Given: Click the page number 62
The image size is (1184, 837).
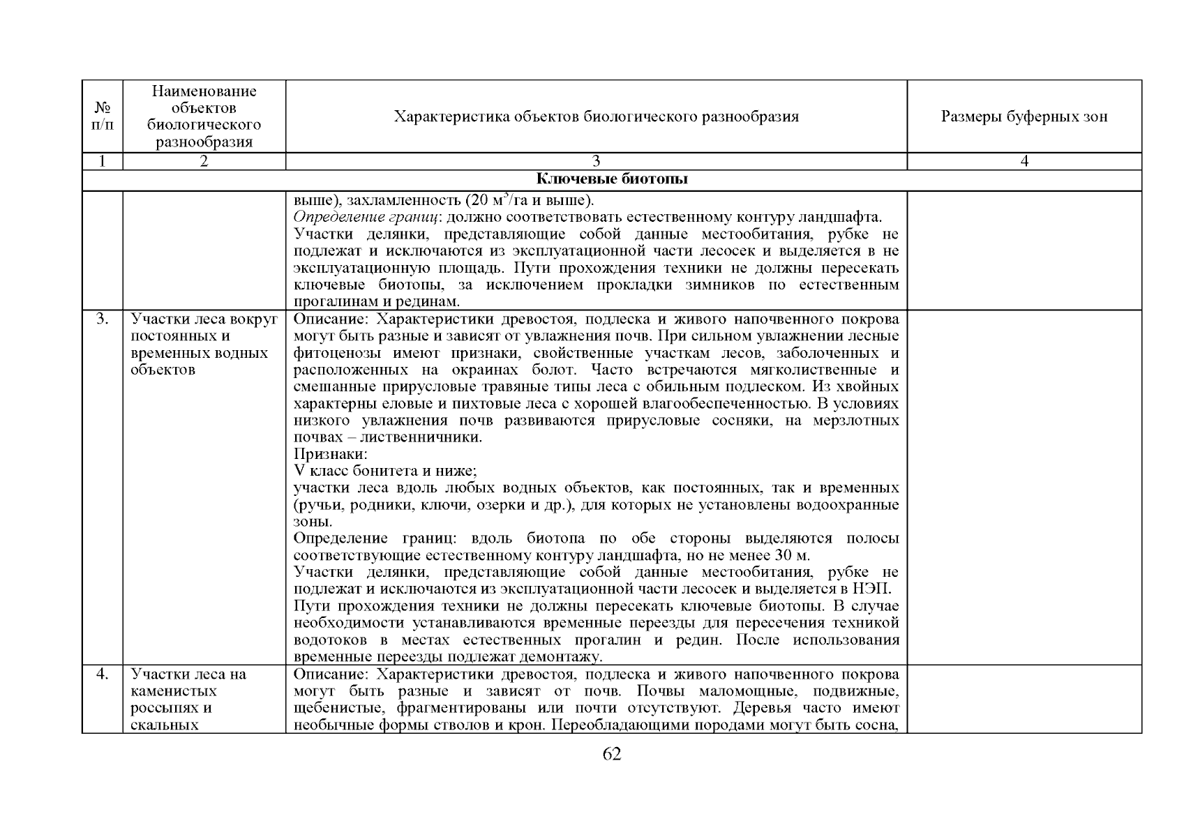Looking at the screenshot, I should pos(611,754).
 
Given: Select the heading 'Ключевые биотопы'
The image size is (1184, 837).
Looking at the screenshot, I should pos(611,179).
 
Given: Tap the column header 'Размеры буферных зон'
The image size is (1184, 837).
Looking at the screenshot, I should pos(1024,116).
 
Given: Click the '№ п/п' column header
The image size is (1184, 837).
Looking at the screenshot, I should pos(102,116).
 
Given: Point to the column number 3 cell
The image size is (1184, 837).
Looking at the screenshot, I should pos(596,161).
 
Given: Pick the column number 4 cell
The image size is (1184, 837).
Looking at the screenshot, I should pos(1024,161).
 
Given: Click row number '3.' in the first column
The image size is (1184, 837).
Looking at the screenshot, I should pos(102,319).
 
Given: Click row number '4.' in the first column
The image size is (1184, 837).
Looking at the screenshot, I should pos(102,674).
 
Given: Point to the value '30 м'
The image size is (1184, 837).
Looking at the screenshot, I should pos(791,555).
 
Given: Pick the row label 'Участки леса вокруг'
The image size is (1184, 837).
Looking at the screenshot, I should pos(204,319).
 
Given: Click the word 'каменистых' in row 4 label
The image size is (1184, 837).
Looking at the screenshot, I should pos(174,691).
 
